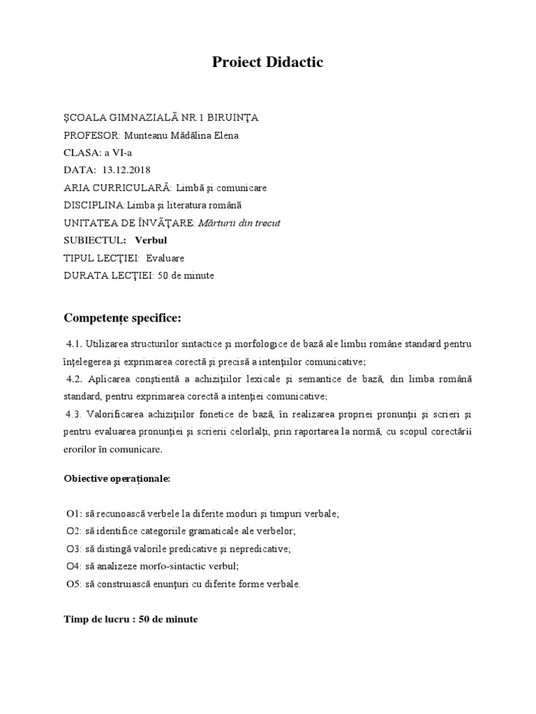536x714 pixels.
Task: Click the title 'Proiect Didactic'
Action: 268,63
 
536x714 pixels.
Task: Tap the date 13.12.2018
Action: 126,170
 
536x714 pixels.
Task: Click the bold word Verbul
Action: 151,241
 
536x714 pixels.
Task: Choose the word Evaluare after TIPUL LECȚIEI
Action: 165,258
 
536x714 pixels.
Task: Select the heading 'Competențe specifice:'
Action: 122,319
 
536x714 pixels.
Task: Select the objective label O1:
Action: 74,514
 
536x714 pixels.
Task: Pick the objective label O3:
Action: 74,549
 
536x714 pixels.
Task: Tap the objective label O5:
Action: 74,584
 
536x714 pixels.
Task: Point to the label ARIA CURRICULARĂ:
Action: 117,188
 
